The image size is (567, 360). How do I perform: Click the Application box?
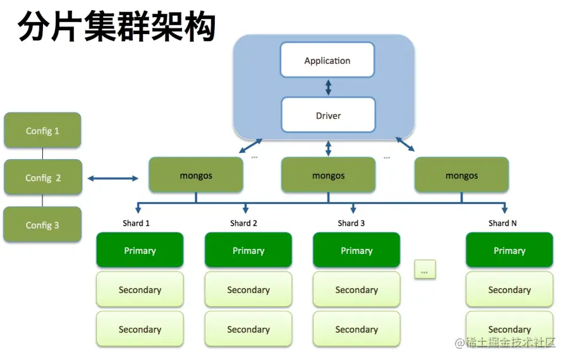tap(327, 61)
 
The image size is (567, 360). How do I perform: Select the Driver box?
tap(327, 116)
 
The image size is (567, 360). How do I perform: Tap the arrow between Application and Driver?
tap(327, 87)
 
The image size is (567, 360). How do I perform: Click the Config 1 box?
tap(42, 131)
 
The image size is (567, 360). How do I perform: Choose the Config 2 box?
tap(42, 177)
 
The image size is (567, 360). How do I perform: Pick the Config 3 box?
tap(42, 225)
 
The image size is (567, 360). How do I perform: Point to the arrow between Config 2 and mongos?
tap(113, 179)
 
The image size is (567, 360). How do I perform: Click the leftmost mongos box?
tap(196, 176)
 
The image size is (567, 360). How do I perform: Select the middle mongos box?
tap(328, 176)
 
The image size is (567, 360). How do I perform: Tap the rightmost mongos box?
tap(461, 176)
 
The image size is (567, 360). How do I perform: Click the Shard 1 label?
tap(136, 223)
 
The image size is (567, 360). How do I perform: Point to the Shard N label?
tap(503, 223)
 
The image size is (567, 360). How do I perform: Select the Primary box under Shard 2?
tap(248, 250)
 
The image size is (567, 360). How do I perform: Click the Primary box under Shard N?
tap(509, 250)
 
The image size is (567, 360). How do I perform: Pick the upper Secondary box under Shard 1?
tap(140, 290)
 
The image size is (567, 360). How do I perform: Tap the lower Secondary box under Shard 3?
tap(357, 329)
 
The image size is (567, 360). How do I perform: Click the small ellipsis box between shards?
tap(424, 270)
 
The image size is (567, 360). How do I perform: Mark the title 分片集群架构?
tap(117, 27)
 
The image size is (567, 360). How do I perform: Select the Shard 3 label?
tap(351, 223)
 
